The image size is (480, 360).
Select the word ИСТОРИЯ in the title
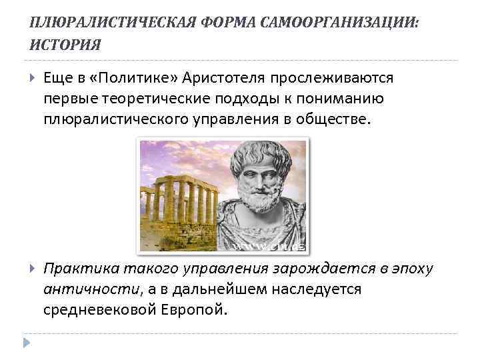point(66,45)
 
